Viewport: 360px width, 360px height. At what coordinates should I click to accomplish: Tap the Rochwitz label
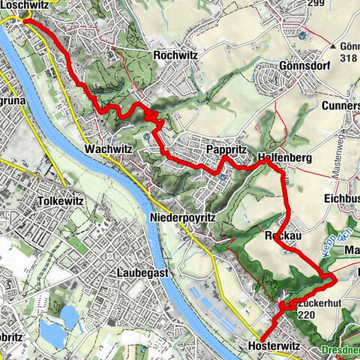click(174, 55)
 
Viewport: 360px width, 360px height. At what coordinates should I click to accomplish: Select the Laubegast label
click(145, 274)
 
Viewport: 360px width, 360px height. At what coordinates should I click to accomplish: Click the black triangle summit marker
click(333, 46)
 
